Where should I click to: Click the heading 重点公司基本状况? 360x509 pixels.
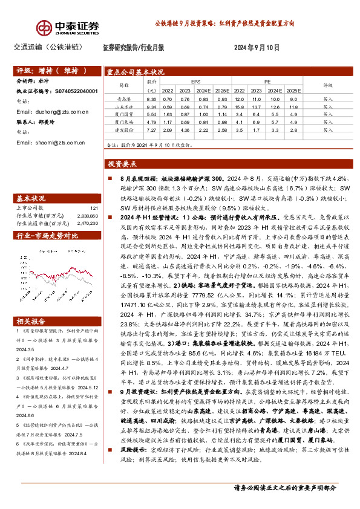[x=136, y=70]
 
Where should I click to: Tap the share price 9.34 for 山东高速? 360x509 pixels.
[x=151, y=106]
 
